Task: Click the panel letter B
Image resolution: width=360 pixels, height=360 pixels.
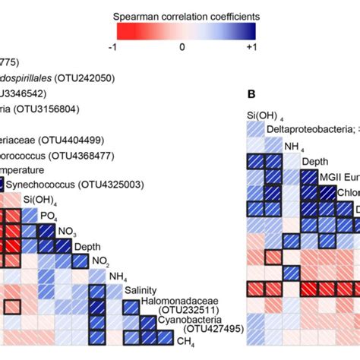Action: point(251,95)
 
